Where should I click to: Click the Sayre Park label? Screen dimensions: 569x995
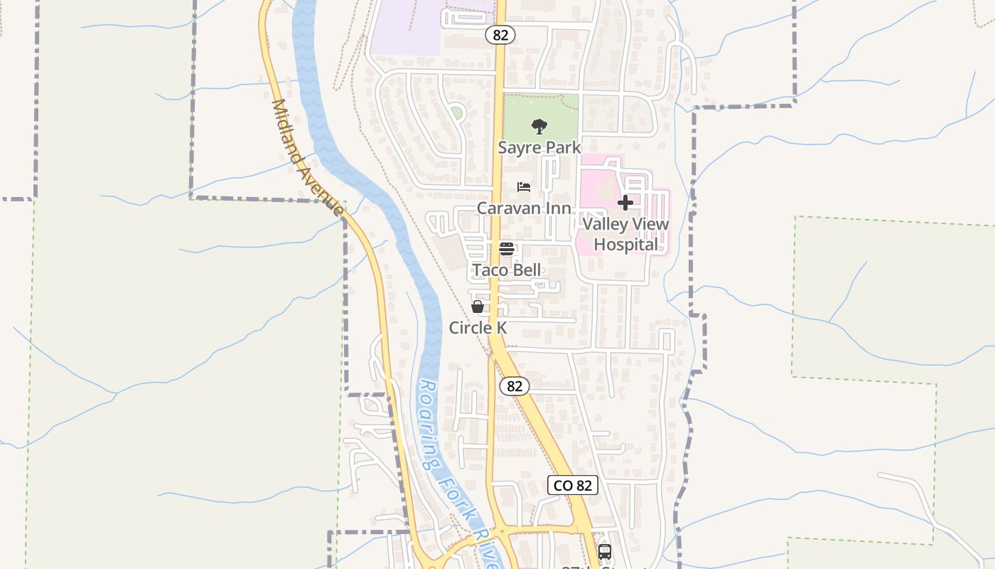click(539, 148)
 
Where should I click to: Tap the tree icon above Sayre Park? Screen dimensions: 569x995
click(539, 127)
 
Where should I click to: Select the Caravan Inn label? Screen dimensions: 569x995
click(524, 208)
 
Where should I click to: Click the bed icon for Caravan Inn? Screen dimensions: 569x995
click(524, 187)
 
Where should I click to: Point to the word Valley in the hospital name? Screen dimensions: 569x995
click(606, 225)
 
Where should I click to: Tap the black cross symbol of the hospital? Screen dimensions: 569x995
click(625, 203)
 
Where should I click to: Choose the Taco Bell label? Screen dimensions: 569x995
click(507, 270)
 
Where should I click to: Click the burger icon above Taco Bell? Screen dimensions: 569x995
click(507, 249)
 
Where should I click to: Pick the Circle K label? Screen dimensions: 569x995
click(478, 328)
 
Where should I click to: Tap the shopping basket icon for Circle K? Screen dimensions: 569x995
click(478, 307)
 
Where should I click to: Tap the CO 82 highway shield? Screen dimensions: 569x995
click(573, 486)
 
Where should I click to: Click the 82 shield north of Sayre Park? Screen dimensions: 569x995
click(500, 35)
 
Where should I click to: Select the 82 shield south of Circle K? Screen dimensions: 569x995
click(515, 386)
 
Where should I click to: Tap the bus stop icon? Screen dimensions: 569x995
click(605, 551)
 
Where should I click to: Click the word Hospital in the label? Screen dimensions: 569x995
click(625, 245)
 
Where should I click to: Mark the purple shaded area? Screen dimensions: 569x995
click(405, 28)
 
